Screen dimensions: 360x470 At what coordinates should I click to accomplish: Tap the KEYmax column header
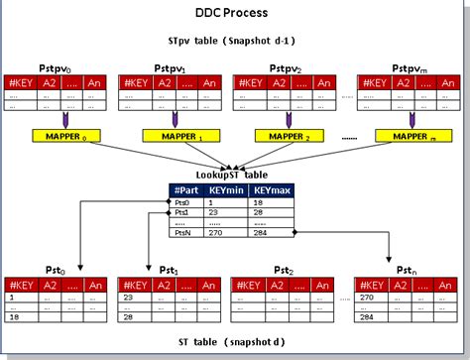pyautogui.click(x=270, y=191)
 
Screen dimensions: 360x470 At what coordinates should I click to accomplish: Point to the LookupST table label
pyautogui.click(x=235, y=176)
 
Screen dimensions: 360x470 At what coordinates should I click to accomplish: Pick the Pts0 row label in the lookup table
pyautogui.click(x=181, y=202)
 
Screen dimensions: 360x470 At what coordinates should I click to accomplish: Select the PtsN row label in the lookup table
pyautogui.click(x=181, y=235)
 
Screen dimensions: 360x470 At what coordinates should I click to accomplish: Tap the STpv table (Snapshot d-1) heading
pyautogui.click(x=235, y=43)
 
